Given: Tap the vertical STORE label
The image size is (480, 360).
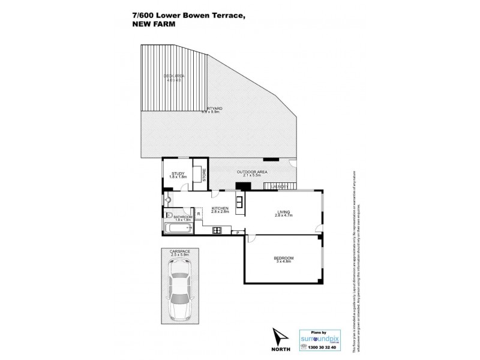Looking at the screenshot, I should click(x=205, y=175).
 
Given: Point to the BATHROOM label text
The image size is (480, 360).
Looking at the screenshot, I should click(x=182, y=217).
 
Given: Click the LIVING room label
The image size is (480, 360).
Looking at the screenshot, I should click(x=283, y=211).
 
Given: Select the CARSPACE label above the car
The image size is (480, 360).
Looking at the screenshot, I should click(x=179, y=252).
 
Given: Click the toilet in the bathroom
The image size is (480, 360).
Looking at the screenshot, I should click(x=168, y=215).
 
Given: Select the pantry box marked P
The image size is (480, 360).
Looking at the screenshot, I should click(x=238, y=232).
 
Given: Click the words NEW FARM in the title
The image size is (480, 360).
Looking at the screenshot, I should click(x=149, y=25).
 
